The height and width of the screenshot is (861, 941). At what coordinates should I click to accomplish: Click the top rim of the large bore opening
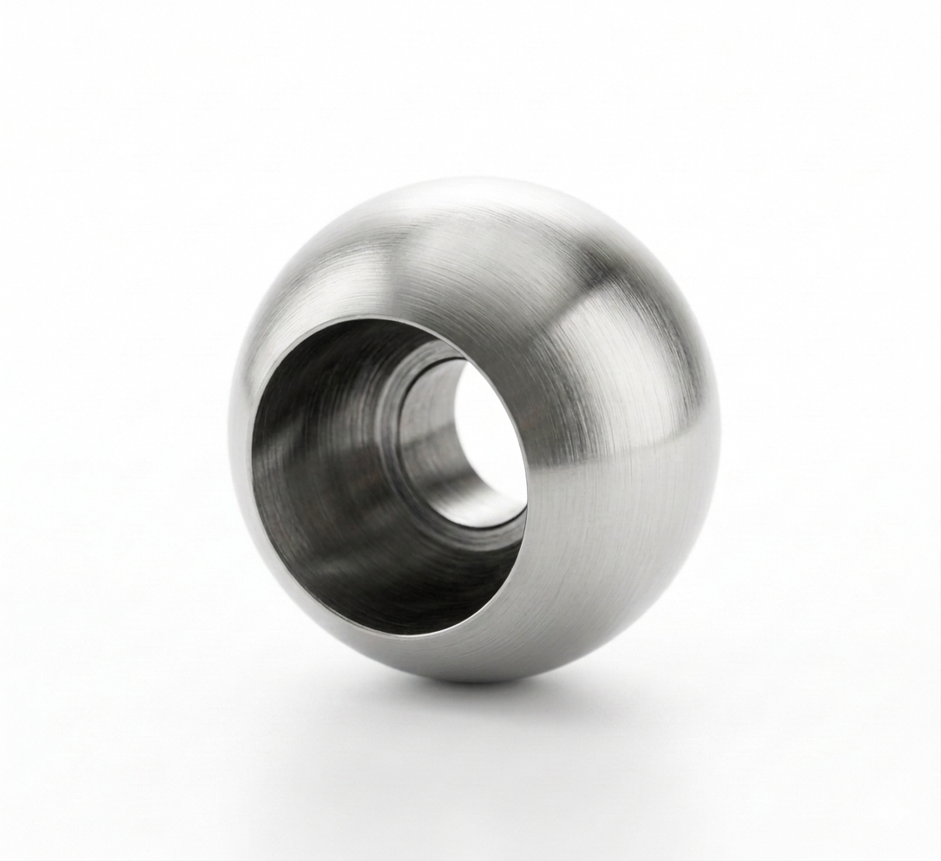382,318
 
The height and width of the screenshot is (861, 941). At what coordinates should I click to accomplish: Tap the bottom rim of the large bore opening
408,634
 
